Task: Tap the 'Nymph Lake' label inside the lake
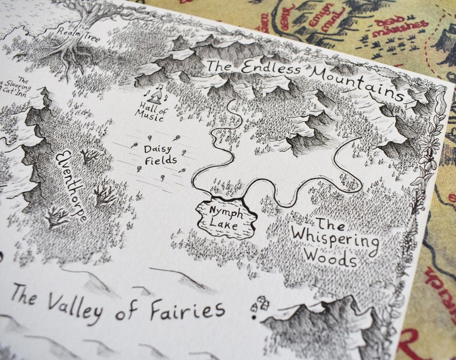225,215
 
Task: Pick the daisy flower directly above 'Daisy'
151,138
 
